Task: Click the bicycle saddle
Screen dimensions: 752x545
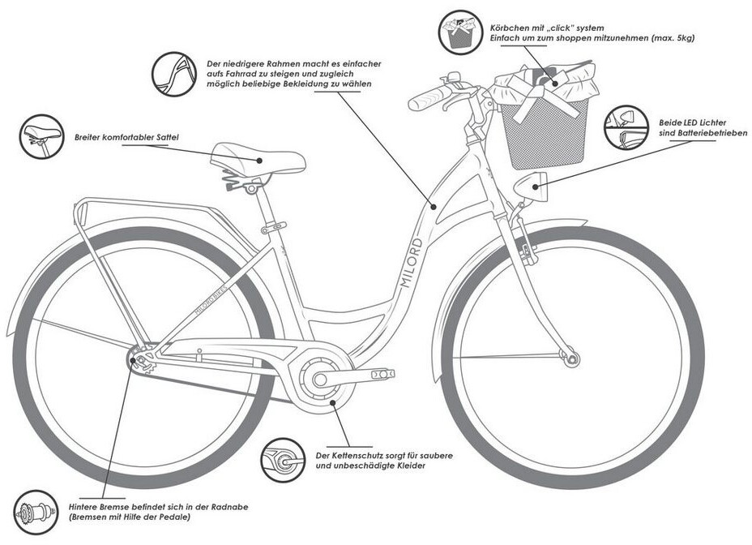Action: point(258,158)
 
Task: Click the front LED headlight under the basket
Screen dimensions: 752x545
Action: point(532,188)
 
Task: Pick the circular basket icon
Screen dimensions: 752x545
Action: point(461,32)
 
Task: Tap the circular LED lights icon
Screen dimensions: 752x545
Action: point(626,128)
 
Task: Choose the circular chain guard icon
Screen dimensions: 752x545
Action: point(282,460)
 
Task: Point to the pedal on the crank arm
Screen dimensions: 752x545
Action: point(381,375)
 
